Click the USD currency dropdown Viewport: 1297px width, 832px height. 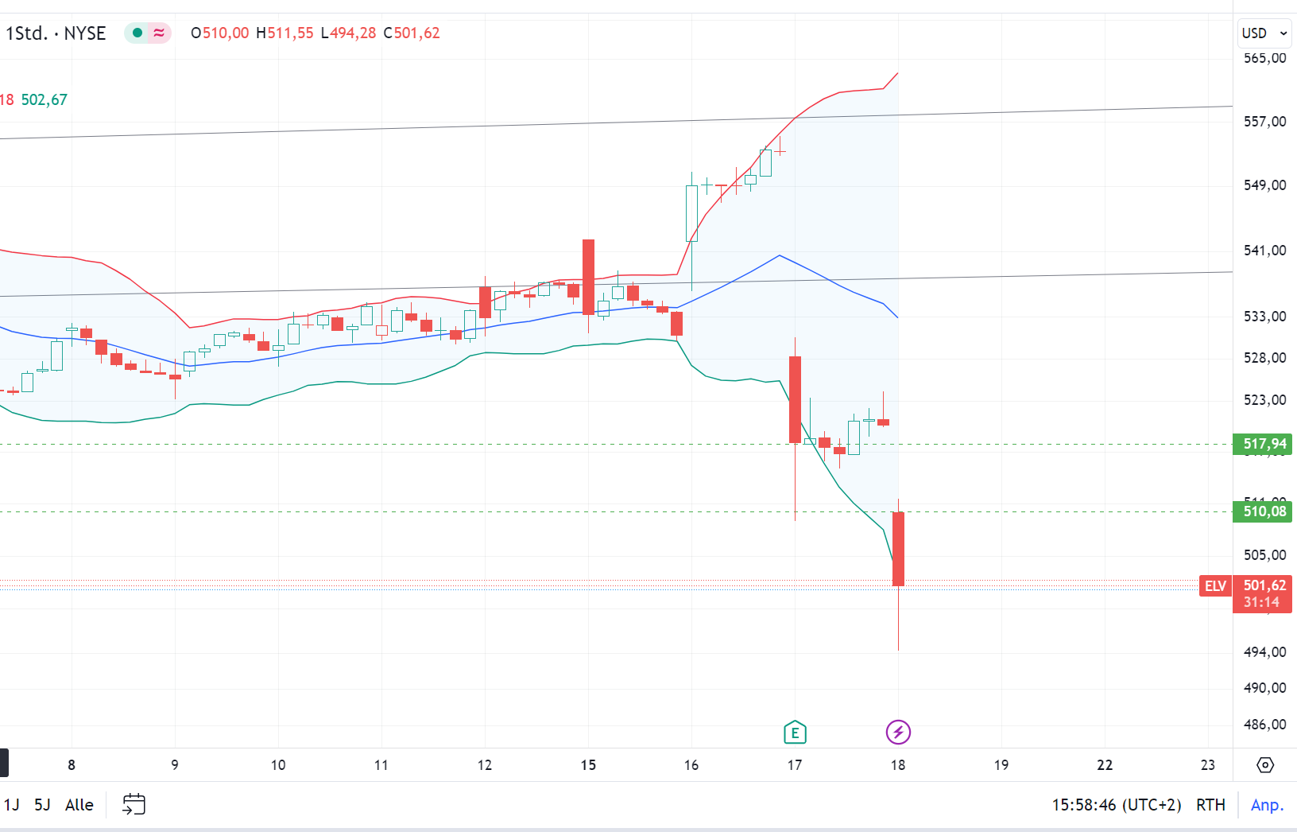(1264, 33)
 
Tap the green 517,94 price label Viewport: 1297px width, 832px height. (1263, 444)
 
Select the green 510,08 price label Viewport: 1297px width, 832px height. (1263, 511)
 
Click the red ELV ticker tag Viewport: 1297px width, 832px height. (1215, 586)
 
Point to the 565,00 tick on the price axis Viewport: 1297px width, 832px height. (1264, 58)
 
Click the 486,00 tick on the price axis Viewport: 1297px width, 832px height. (1264, 725)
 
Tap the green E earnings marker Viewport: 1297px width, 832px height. (795, 732)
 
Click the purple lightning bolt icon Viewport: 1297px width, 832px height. (898, 732)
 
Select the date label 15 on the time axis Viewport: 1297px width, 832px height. (588, 765)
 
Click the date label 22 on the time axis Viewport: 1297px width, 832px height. (1105, 765)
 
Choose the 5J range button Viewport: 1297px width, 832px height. (42, 805)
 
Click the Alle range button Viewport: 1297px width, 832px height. (79, 805)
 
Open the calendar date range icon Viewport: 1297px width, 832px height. (134, 804)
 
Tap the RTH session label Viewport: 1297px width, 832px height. (1210, 805)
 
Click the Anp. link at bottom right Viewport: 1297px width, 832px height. (1267, 805)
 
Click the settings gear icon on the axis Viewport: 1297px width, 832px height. (1265, 765)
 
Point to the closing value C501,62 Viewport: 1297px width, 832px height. (412, 33)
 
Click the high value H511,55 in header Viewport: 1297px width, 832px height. (285, 33)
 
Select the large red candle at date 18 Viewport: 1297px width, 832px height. (898, 549)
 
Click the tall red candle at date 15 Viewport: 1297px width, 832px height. (588, 277)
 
